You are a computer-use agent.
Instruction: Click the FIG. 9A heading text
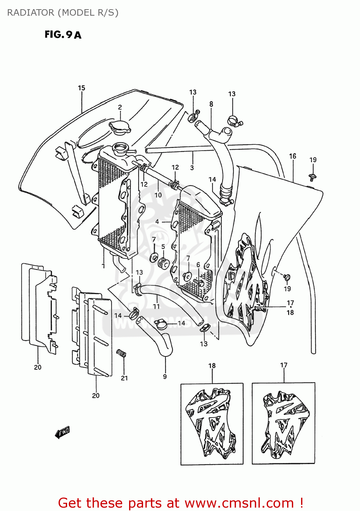click(x=63, y=35)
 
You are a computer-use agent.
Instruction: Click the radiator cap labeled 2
click(x=120, y=127)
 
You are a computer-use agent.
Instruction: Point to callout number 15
click(x=81, y=88)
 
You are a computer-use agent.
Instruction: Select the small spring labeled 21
click(x=121, y=353)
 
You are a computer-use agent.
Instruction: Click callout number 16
click(x=293, y=156)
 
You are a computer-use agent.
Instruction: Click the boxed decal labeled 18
click(x=212, y=423)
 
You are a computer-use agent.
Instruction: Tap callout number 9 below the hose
click(x=165, y=376)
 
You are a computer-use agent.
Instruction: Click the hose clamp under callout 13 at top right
click(x=234, y=121)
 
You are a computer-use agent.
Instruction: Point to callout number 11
click(x=156, y=306)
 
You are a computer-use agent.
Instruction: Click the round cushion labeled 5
click(x=164, y=263)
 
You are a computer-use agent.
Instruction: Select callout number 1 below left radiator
click(x=104, y=266)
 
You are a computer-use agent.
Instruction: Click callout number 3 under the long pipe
click(x=192, y=168)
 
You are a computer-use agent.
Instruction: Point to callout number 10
click(x=158, y=195)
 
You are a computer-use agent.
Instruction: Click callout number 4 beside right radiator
click(x=157, y=221)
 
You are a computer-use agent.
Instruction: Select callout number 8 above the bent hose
click(x=211, y=104)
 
